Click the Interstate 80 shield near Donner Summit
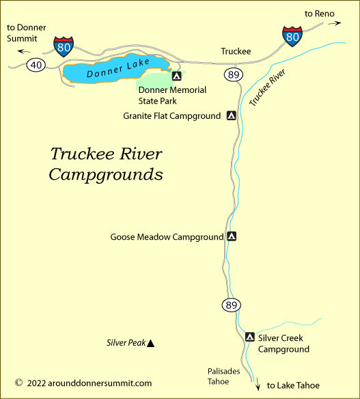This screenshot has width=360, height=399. click(x=64, y=44)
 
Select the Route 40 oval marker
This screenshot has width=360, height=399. click(x=36, y=65)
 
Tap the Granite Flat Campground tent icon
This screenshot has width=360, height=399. click(x=232, y=116)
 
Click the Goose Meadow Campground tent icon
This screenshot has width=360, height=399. click(x=232, y=237)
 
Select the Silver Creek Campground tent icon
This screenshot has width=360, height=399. click(x=250, y=337)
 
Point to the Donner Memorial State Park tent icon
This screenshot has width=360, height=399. click(x=177, y=77)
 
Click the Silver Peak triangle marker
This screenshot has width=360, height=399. click(x=151, y=343)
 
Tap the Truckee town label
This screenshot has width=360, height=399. click(x=236, y=51)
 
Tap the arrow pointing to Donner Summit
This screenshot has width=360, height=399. click(x=25, y=51)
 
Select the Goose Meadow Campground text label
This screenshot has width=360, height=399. click(x=167, y=237)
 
